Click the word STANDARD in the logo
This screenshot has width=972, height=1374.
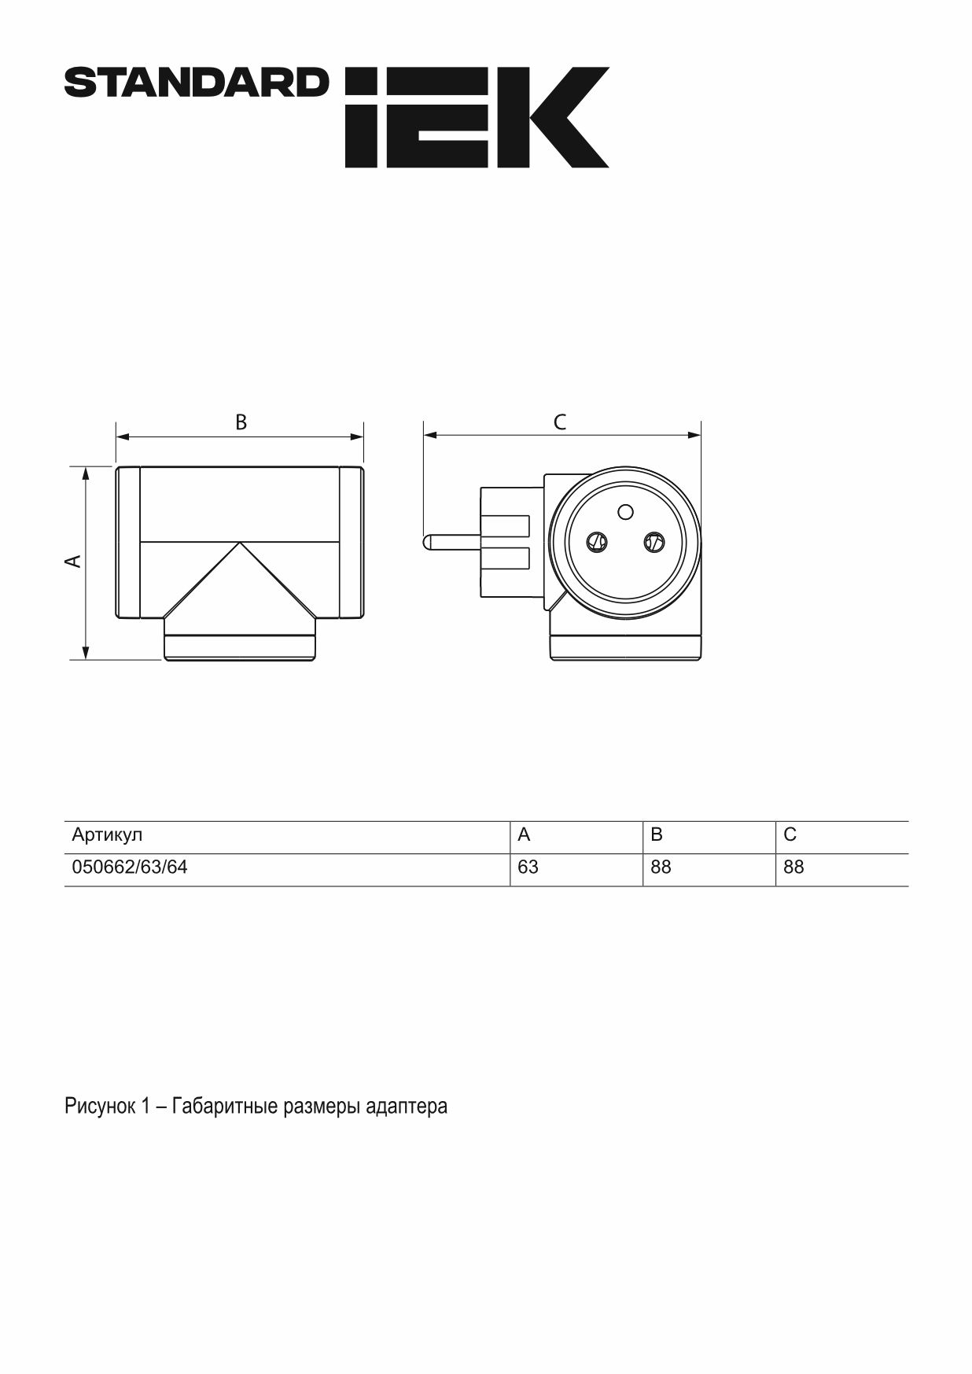(196, 83)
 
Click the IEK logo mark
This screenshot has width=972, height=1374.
(477, 117)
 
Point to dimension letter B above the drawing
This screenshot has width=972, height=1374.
(241, 422)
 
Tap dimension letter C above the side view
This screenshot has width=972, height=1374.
(560, 422)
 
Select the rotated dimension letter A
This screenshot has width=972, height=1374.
(72, 561)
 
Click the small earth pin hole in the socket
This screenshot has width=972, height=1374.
(626, 512)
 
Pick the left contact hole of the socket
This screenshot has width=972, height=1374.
(598, 541)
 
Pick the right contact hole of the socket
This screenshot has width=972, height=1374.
(654, 541)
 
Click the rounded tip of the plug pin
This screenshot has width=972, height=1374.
(425, 542)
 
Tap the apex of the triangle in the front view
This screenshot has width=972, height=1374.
(240, 542)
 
